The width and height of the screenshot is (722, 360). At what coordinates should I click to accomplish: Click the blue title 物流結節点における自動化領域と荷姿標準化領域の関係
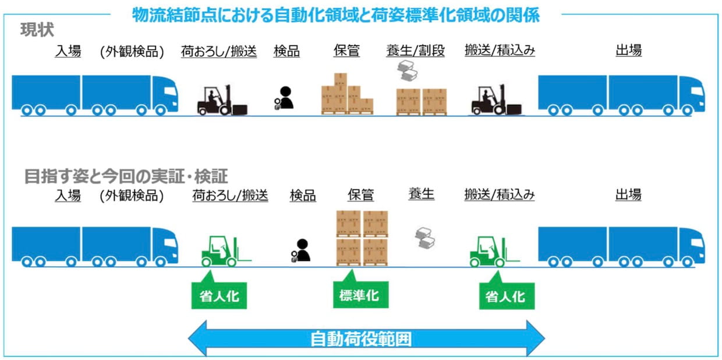336,15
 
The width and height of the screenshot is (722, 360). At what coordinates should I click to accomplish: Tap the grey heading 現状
37,30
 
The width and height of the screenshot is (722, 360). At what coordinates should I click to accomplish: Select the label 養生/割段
416,51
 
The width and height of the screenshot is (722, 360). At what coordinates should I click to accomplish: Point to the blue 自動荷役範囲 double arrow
366,338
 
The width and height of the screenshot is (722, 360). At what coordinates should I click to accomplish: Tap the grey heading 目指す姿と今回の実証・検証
126,176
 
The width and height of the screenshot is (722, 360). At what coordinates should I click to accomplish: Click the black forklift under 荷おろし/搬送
222,100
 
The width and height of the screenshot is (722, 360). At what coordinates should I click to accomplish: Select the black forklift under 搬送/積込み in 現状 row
496,100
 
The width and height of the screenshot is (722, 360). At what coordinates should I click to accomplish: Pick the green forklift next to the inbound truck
226,251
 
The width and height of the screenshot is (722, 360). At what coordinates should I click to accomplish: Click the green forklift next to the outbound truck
495,251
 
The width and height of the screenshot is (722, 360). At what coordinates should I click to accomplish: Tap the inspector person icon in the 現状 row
284,98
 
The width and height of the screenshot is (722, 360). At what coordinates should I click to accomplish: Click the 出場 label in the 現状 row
628,51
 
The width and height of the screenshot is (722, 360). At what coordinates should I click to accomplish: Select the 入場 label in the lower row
68,196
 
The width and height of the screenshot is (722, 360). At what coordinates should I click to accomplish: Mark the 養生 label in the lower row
422,194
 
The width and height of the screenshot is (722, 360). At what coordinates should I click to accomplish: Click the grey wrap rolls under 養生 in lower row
425,238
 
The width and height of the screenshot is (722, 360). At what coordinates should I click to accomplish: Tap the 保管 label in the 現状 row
346,51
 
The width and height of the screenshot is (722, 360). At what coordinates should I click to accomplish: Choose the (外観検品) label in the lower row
132,196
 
